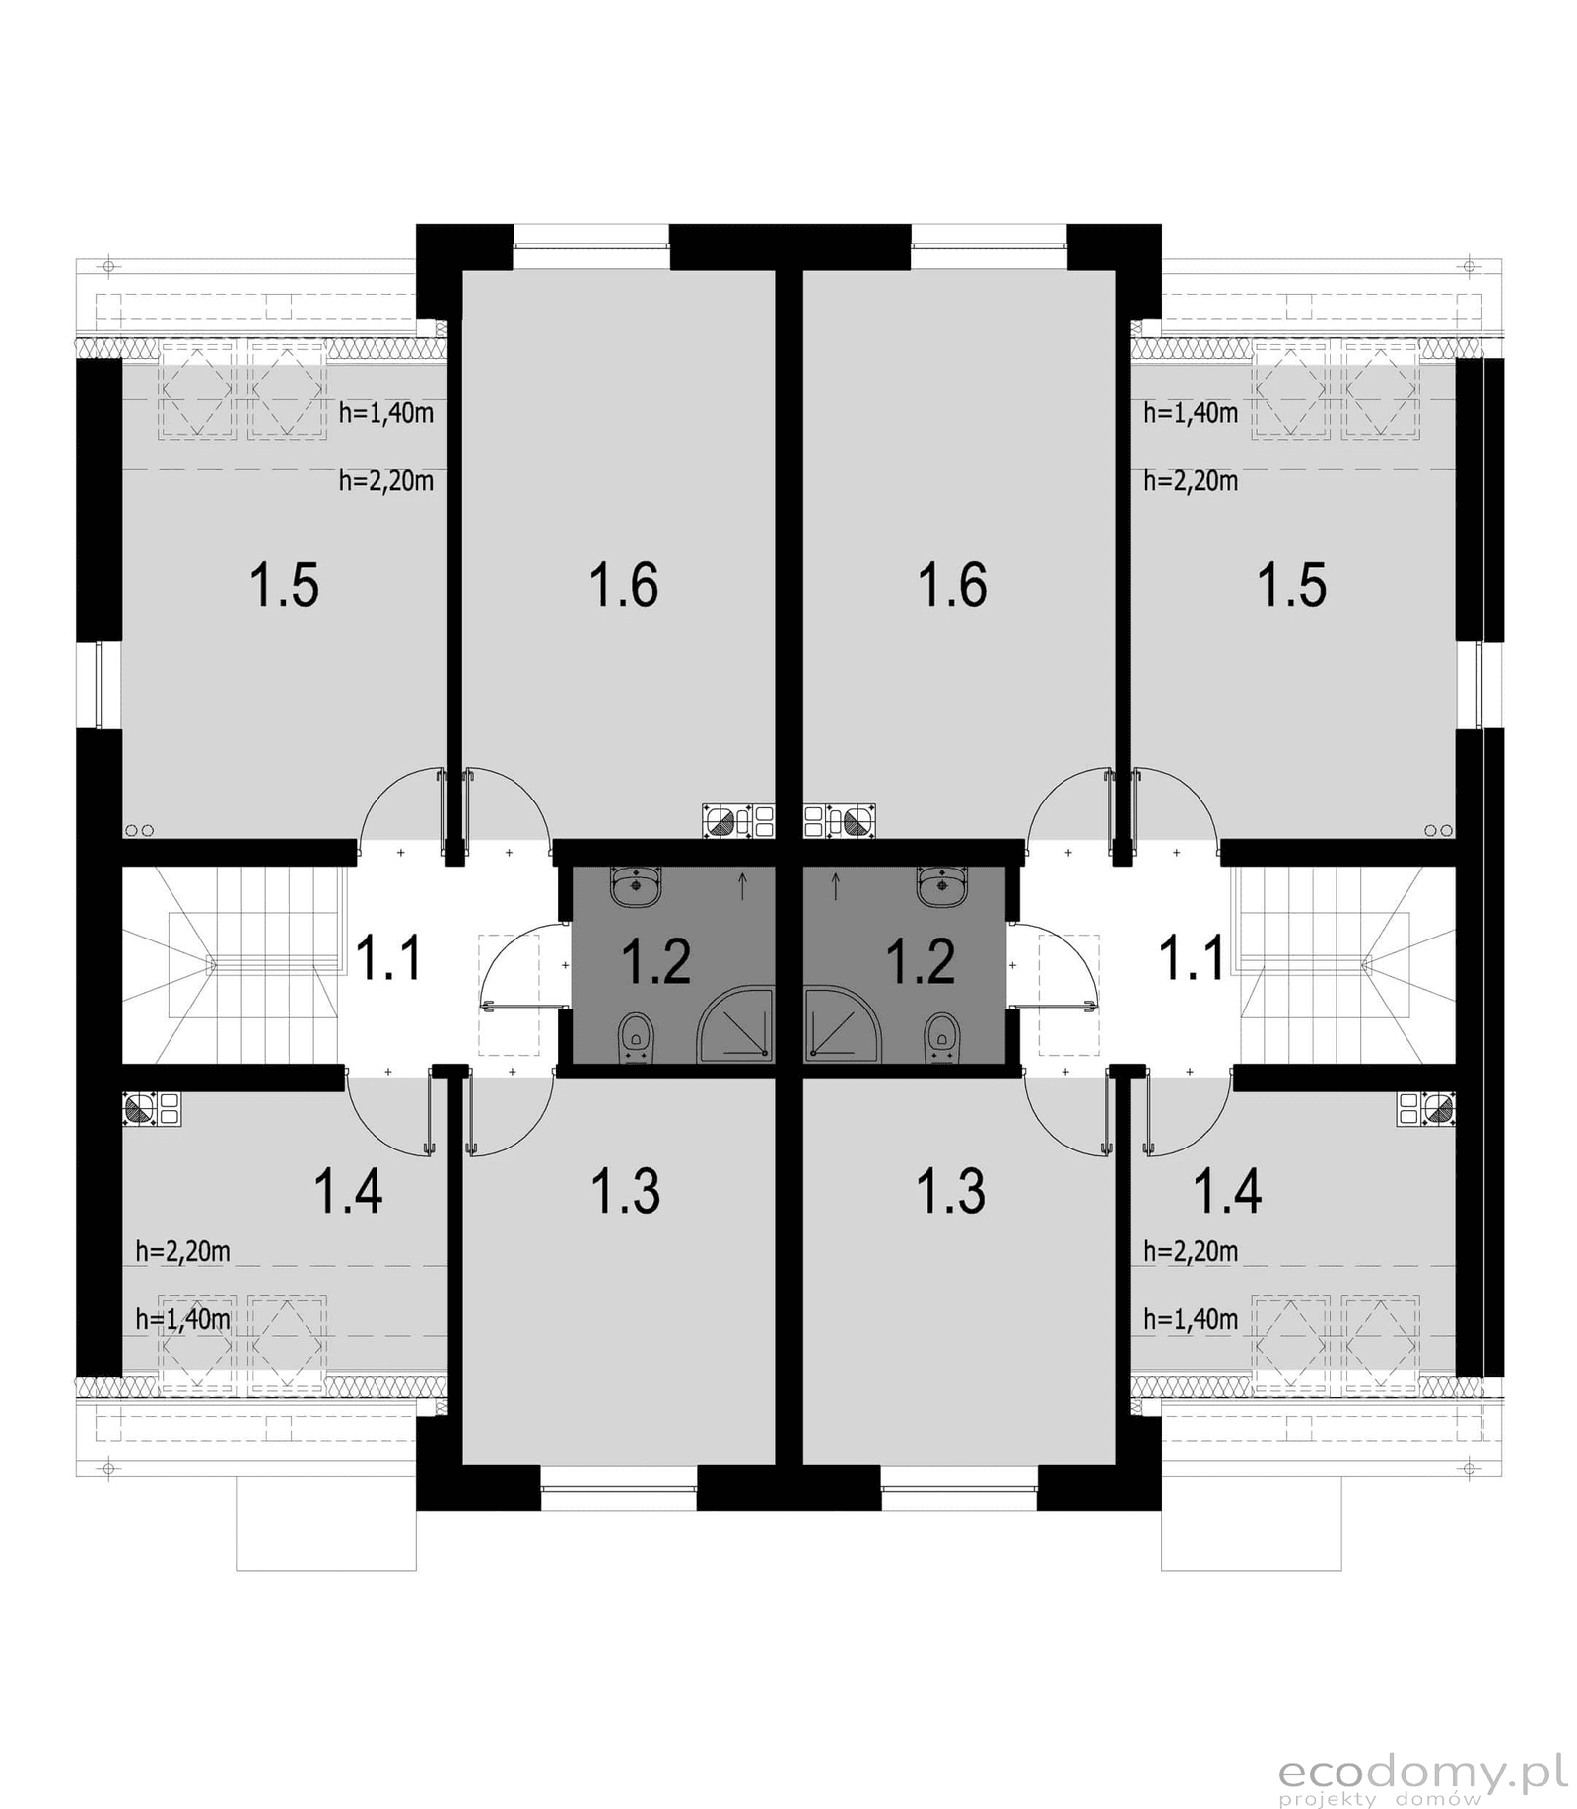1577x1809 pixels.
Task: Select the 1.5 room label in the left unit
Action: tap(284, 585)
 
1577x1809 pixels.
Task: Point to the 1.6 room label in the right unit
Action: tap(952, 585)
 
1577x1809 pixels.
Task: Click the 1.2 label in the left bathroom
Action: tap(655, 961)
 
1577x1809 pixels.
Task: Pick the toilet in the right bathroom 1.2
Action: tap(942, 1039)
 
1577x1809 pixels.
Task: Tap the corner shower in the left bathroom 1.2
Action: tap(734, 1026)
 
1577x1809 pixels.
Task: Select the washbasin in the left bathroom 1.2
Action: tap(636, 885)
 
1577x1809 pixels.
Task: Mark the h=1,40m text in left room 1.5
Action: tap(386, 412)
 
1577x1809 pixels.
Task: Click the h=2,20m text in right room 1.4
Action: tap(1191, 1251)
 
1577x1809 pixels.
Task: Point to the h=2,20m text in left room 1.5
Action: tap(386, 481)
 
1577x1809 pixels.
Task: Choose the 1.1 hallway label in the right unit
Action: tap(1192, 958)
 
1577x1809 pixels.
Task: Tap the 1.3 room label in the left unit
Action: tap(625, 1191)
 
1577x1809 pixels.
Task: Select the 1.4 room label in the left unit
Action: tap(348, 1191)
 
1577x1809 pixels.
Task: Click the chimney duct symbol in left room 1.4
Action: tap(151, 1108)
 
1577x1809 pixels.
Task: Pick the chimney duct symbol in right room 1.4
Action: tap(1426, 1108)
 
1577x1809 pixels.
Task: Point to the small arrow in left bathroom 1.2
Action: tap(742, 886)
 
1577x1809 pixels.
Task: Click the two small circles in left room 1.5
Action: tap(139, 831)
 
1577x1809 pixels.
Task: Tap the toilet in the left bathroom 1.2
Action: tap(636, 1039)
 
